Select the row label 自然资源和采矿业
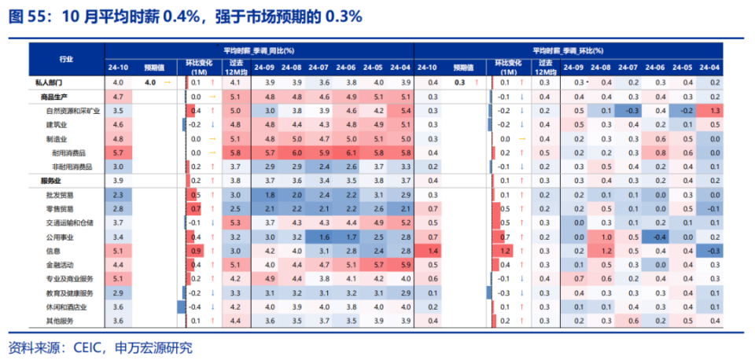[x=73, y=110]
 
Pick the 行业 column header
[x=67, y=59]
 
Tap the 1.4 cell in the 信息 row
[x=433, y=251]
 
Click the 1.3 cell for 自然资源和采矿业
[x=715, y=110]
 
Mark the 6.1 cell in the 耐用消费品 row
[x=351, y=152]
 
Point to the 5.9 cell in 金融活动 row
[x=405, y=265]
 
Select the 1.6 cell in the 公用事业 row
[x=323, y=237]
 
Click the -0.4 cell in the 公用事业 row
[x=660, y=237]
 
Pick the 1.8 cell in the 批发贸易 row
[x=269, y=194]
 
